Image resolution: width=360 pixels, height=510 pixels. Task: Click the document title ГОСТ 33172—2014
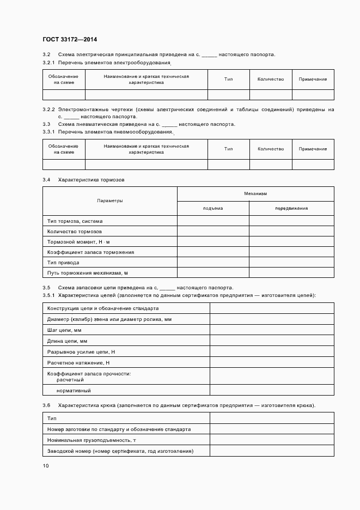coord(69,40)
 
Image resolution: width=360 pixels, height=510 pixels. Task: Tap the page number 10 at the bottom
coord(46,466)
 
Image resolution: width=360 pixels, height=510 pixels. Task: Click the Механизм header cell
coord(255,194)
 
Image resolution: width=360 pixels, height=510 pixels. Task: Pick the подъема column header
coord(213,208)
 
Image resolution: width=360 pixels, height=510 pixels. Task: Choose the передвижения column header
coord(291,208)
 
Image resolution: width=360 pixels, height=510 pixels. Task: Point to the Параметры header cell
coord(109,201)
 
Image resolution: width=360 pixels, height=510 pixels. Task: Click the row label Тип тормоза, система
coord(75,221)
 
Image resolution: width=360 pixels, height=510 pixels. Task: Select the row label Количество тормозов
coord(74,232)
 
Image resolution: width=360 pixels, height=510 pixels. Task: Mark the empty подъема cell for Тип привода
coord(213,263)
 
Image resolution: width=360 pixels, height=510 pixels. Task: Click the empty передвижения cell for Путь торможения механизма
coord(291,272)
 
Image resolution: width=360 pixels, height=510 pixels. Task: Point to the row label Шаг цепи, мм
coord(64,331)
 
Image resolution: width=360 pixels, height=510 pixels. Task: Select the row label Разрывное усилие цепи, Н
coord(81,352)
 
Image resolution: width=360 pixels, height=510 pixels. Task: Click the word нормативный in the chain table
coord(74,391)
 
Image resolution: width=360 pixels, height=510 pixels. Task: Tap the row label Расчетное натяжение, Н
coord(78,362)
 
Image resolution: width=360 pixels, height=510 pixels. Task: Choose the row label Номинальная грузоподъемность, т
coord(91,440)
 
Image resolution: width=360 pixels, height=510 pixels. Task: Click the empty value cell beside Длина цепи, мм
coord(272,342)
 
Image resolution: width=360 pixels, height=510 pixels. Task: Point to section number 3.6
coord(46,406)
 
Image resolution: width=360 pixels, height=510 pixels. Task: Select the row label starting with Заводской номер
coord(120,451)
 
